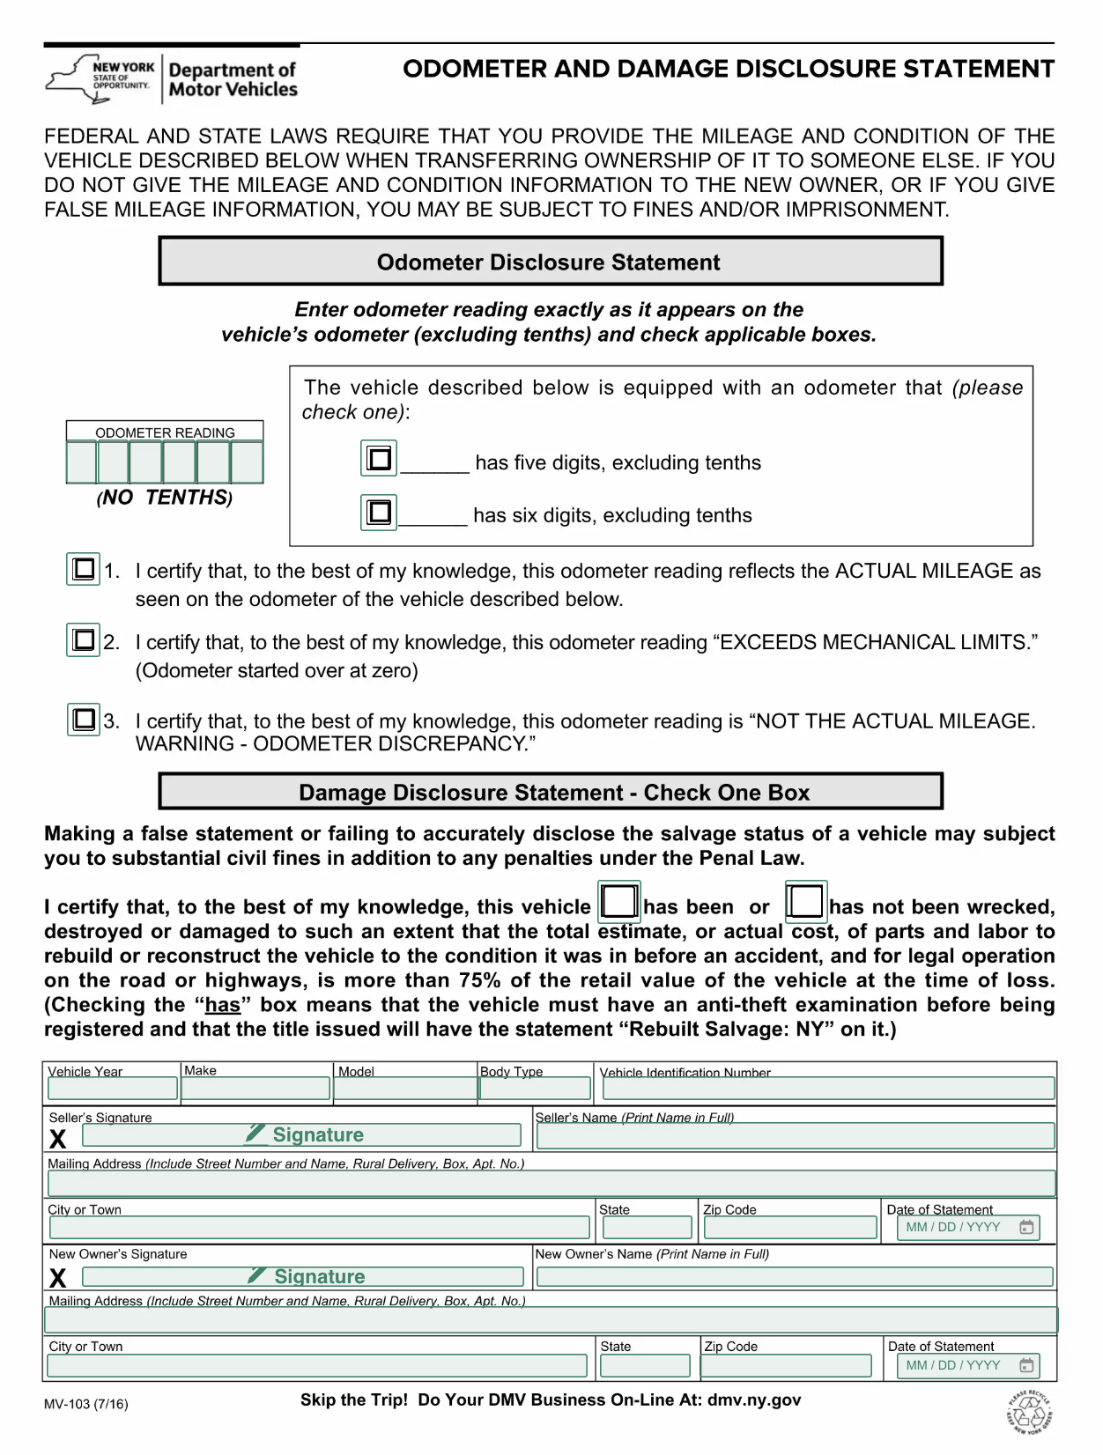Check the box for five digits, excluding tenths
(379, 458)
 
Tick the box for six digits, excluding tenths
(379, 512)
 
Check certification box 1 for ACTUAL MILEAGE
(84, 569)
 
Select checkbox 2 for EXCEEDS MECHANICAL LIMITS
(84, 639)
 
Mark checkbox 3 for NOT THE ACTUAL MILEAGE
(84, 720)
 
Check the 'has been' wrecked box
(618, 902)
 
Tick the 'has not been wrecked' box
(805, 902)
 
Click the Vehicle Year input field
(112, 1089)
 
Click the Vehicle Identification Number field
(828, 1089)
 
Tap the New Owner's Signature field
(302, 1277)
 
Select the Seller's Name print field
(796, 1136)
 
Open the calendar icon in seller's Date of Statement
(1026, 1228)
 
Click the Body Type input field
(535, 1089)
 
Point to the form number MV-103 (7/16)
(86, 1405)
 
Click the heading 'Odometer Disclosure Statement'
(549, 262)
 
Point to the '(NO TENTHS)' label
(165, 498)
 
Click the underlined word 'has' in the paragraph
(223, 1005)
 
